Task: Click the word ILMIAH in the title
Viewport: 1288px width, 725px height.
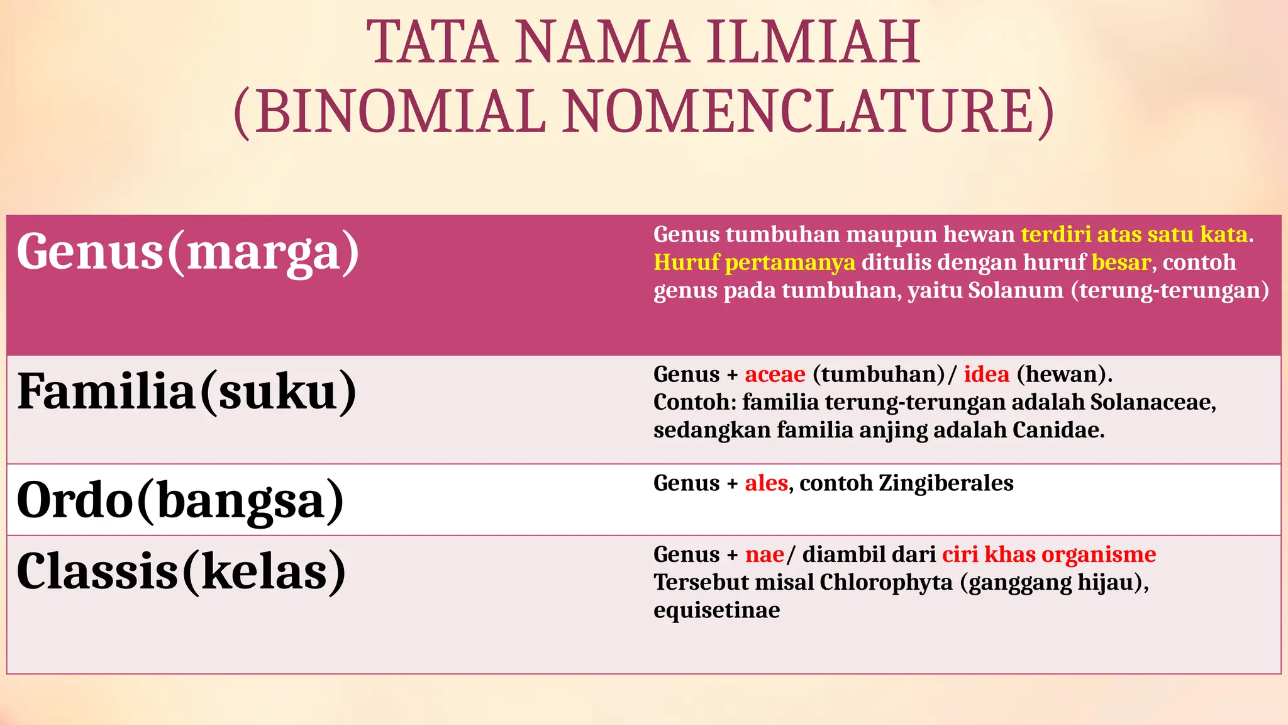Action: [813, 43]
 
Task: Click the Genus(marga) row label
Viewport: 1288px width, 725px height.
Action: [187, 252]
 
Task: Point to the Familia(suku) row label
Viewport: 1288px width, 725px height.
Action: [187, 391]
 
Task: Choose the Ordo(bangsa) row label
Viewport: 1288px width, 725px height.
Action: [180, 500]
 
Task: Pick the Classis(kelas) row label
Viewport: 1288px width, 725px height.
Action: [181, 571]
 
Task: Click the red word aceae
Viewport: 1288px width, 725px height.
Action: [775, 374]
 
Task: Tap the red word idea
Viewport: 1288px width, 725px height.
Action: [986, 374]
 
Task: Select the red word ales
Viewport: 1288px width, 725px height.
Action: [766, 483]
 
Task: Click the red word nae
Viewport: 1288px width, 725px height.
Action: [764, 554]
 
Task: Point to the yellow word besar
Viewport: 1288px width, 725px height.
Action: [1121, 262]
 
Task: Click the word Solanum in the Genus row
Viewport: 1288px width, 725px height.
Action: [1016, 290]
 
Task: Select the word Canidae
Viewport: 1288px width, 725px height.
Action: [1058, 430]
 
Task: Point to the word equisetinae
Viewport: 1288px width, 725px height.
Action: [716, 610]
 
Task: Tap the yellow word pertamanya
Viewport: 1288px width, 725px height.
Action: [790, 262]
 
